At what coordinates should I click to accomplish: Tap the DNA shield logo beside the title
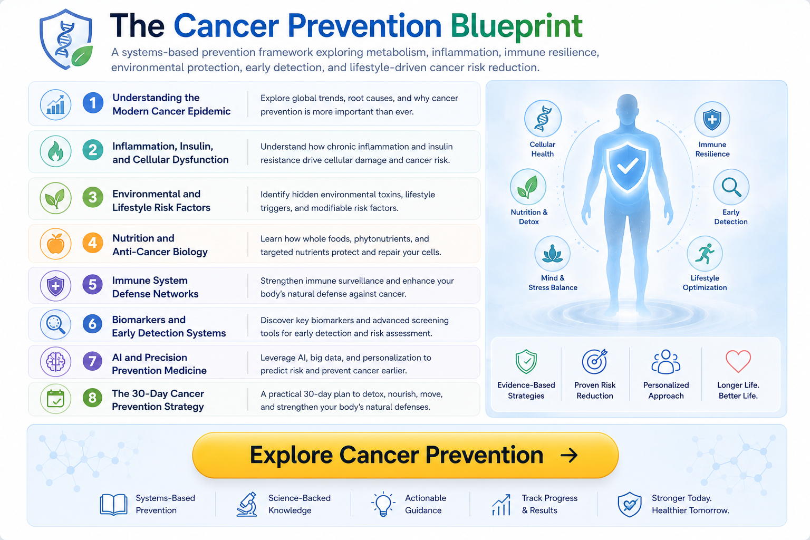(x=66, y=39)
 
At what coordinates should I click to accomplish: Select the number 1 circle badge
(x=93, y=103)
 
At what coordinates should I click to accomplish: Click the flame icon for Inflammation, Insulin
(x=55, y=151)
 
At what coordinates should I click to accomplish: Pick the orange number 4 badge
(x=93, y=243)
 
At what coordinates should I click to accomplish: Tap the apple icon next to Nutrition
(x=55, y=244)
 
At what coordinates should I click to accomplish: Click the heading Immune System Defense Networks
(x=155, y=287)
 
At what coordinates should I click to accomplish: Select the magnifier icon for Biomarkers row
(x=55, y=324)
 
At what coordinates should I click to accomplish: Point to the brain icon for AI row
(x=55, y=362)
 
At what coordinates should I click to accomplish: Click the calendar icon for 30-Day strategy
(x=55, y=399)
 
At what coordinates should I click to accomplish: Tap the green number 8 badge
(x=93, y=398)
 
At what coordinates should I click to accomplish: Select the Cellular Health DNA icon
(x=543, y=118)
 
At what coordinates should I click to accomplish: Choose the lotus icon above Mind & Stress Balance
(x=552, y=254)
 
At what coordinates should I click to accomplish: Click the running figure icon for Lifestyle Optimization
(x=705, y=254)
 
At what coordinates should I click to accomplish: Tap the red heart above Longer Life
(x=738, y=361)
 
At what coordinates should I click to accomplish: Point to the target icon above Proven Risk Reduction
(x=594, y=361)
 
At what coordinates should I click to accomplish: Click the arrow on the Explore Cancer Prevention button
(x=569, y=455)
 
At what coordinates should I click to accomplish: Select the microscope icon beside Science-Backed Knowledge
(x=247, y=504)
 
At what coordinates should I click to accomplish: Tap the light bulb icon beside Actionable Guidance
(x=383, y=504)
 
